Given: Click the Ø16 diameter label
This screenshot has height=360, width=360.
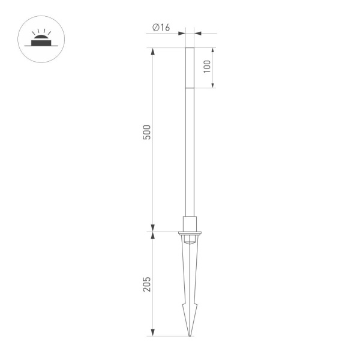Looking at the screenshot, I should click(161, 27).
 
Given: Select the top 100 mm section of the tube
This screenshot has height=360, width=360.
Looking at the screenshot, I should click(190, 68).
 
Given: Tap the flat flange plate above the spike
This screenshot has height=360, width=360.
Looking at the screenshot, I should click(190, 232).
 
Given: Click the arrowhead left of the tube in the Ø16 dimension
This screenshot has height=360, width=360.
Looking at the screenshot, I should click(182, 34).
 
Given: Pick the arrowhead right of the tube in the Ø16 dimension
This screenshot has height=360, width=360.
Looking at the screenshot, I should click(197, 34).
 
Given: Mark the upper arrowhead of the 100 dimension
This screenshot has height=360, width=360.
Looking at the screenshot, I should click(214, 50).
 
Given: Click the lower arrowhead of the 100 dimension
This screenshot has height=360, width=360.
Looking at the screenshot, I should click(214, 85).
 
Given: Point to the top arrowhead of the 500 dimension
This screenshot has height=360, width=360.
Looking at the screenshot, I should click(153, 51).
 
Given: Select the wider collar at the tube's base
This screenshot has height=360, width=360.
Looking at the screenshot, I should click(190, 223).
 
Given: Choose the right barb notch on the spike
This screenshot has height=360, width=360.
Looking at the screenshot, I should click(196, 307).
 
